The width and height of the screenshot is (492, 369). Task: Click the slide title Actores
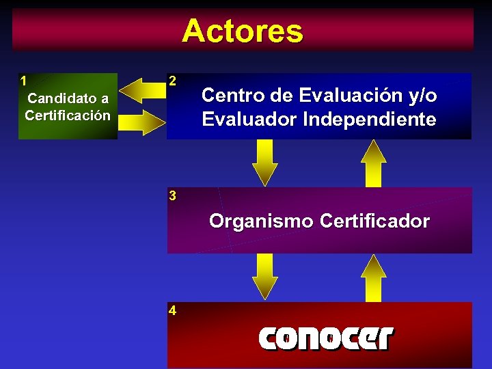(243, 31)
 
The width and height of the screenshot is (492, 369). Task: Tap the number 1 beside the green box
(24, 79)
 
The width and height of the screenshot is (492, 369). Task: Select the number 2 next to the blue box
(173, 81)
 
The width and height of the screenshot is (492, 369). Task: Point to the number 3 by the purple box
(173, 196)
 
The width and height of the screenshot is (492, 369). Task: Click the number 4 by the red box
(173, 311)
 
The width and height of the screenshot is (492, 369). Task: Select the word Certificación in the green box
(67, 115)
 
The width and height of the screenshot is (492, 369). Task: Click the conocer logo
(325, 338)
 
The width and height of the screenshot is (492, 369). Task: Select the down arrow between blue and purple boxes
(265, 163)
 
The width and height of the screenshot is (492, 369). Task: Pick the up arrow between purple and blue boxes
(374, 163)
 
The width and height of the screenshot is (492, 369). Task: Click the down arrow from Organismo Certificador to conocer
(265, 277)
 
